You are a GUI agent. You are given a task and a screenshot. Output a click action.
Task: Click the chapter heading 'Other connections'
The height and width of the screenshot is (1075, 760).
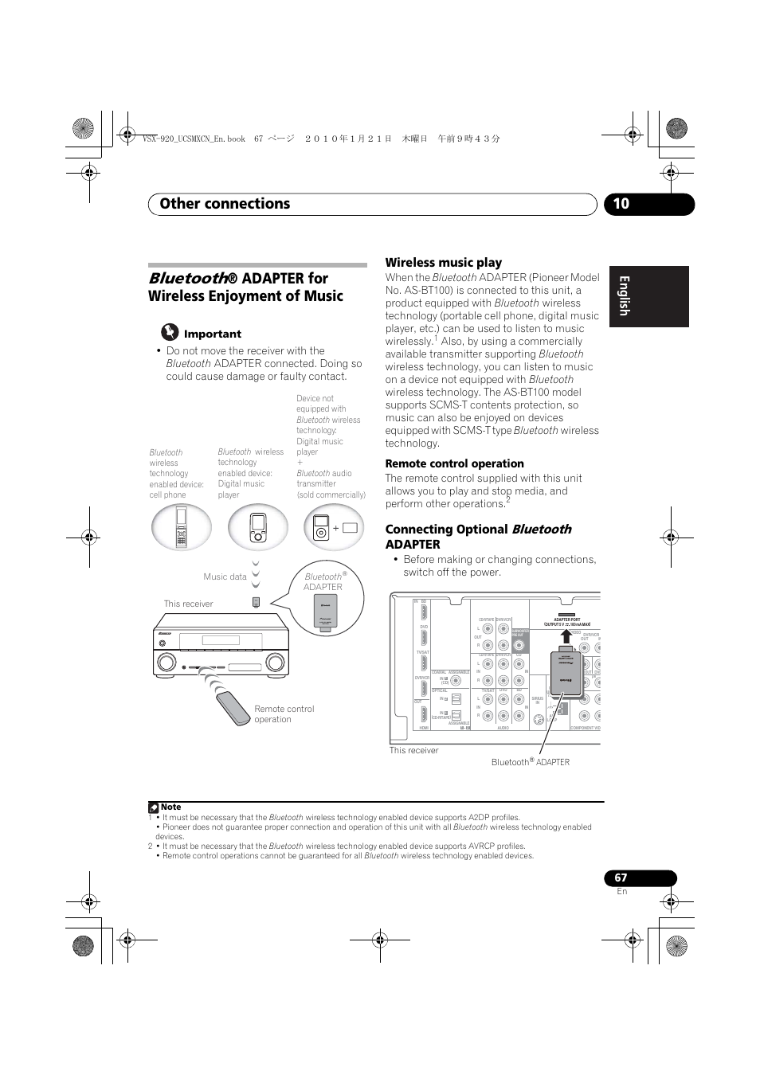pyautogui.click(x=225, y=204)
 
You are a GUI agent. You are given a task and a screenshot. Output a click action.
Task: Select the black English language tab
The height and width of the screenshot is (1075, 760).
pyautogui.click(x=648, y=296)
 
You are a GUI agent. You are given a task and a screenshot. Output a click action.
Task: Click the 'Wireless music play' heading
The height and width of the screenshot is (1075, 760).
pyautogui.click(x=443, y=263)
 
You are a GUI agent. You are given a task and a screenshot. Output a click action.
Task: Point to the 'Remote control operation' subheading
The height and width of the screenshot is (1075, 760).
pyautogui.click(x=454, y=463)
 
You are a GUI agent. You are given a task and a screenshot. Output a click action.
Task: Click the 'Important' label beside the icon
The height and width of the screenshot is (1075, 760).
pyautogui.click(x=212, y=334)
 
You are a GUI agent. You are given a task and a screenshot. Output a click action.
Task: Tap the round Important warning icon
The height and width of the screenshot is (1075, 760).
pyautogui.click(x=169, y=332)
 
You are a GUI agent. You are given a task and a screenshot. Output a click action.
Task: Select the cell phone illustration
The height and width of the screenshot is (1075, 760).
pyautogui.click(x=182, y=527)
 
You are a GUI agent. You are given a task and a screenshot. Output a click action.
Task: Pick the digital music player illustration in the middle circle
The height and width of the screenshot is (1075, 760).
pyautogui.click(x=257, y=527)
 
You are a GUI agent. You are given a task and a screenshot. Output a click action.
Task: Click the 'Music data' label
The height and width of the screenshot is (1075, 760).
pyautogui.click(x=225, y=577)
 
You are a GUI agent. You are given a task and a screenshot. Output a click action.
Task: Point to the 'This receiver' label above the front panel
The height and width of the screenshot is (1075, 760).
pyautogui.click(x=188, y=604)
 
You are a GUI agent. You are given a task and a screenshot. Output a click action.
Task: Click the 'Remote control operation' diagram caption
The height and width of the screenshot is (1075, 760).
pyautogui.click(x=284, y=713)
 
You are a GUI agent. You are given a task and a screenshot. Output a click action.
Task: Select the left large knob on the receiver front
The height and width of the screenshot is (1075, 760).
pyautogui.click(x=166, y=662)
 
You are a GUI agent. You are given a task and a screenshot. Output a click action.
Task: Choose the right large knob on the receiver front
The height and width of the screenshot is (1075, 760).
pyautogui.click(x=275, y=662)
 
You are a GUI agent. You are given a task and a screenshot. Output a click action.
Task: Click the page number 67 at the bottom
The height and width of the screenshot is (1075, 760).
pyautogui.click(x=621, y=878)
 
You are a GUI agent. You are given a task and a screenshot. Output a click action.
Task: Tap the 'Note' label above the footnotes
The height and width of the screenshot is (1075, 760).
pyautogui.click(x=170, y=807)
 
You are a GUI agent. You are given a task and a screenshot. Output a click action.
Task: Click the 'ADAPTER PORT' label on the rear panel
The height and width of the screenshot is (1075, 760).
pyautogui.click(x=566, y=620)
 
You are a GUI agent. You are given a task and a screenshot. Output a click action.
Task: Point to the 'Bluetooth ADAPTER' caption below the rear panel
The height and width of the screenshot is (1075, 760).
pyautogui.click(x=530, y=762)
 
